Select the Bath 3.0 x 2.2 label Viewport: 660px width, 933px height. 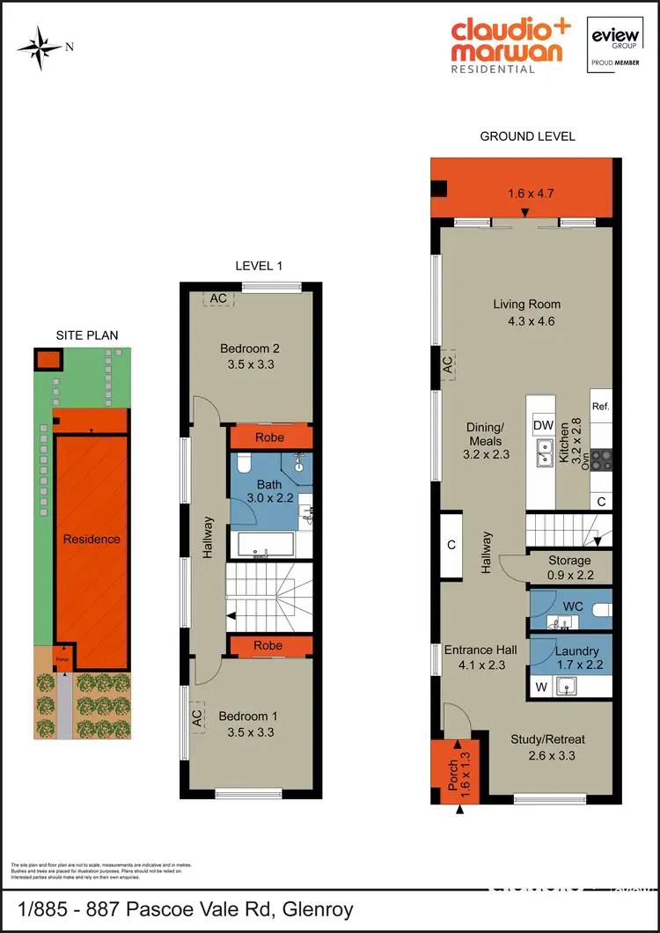[268, 491]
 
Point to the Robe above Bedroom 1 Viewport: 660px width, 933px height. [268, 645]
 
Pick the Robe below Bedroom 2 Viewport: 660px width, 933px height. [268, 437]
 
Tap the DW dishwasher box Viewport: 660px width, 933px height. [542, 425]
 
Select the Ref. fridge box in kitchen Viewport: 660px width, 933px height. [601, 407]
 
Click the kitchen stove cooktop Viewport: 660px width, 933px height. [601, 458]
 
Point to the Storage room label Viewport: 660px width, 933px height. [569, 561]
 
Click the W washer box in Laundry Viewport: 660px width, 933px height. [541, 686]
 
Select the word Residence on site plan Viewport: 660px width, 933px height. [92, 539]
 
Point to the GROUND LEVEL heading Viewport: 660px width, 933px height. [527, 136]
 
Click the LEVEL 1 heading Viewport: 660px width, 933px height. [259, 266]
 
